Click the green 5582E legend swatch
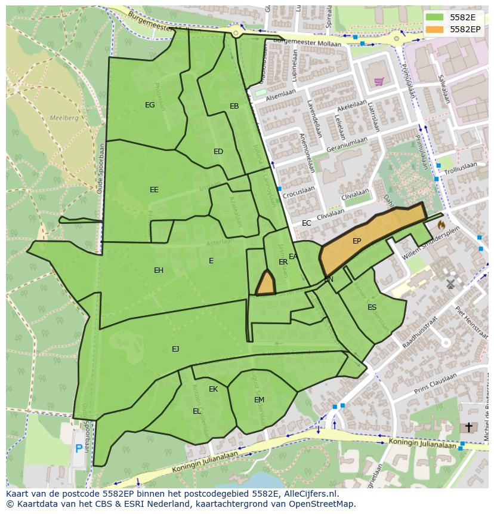click(436, 17)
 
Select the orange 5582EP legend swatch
click(436, 29)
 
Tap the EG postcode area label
click(150, 105)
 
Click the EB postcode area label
click(234, 106)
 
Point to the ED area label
click(218, 152)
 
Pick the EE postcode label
click(154, 190)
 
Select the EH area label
click(159, 270)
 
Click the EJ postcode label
click(175, 349)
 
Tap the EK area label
click(213, 389)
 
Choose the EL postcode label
click(197, 411)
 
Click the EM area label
click(259, 400)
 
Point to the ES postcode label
click(372, 307)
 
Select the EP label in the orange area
click(357, 241)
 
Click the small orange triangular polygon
click(265, 284)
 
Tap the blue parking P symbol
click(79, 448)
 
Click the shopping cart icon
click(378, 81)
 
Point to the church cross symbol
click(468, 427)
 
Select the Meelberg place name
click(64, 118)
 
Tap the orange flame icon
click(441, 225)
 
